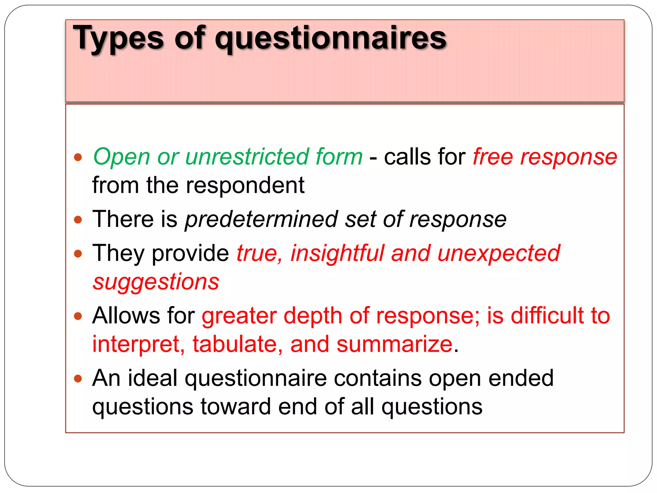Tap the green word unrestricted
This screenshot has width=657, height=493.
[247, 157]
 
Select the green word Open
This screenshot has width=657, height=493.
[122, 157]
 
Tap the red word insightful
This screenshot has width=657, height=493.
[337, 253]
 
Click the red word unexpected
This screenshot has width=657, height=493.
[499, 253]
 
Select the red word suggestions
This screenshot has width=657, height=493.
[156, 282]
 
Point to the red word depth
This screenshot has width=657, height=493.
[313, 316]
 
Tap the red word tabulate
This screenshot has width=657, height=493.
[238, 344]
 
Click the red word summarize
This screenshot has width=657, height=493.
[395, 344]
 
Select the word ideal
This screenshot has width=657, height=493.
[153, 378]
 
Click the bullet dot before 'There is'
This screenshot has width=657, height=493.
[78, 220]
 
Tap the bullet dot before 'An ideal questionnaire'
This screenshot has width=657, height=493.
[78, 379]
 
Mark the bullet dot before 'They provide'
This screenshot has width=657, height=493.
[78, 254]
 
